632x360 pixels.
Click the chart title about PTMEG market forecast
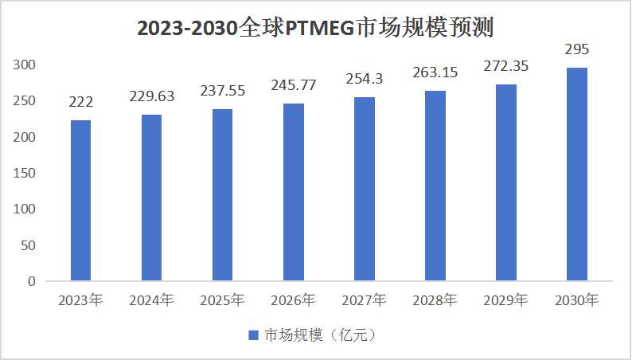316,29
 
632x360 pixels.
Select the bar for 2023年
80,201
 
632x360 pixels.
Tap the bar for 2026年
293,192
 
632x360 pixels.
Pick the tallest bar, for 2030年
576,174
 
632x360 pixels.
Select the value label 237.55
222,92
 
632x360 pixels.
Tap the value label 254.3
364,79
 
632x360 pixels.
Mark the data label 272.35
505,66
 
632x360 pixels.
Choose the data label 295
576,50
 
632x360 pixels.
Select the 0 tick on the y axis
32,281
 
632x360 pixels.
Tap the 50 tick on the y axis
29,245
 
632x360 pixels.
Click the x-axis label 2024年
151,300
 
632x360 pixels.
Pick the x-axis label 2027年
364,300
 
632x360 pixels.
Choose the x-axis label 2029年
505,300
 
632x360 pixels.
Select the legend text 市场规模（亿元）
320,335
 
